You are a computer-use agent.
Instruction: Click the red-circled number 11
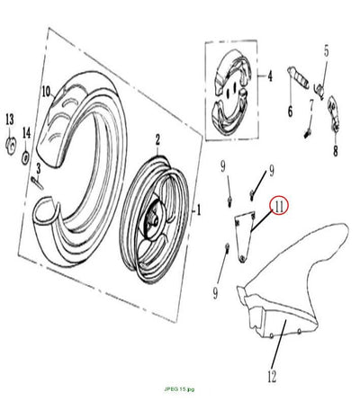[x=279, y=207]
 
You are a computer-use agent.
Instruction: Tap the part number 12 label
[x=272, y=376]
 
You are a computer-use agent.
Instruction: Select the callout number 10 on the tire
[x=46, y=92]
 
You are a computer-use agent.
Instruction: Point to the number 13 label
[x=10, y=120]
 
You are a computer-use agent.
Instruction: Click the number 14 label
[x=27, y=133]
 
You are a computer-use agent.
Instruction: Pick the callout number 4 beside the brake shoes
[x=270, y=76]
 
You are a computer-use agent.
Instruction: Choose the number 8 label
[x=336, y=150]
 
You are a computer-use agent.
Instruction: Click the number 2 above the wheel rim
[x=157, y=139]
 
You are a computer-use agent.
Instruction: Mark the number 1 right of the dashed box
[x=198, y=210]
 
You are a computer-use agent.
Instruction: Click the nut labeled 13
[x=11, y=146]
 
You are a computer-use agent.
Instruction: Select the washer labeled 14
[x=25, y=156]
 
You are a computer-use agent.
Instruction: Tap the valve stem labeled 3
[x=38, y=183]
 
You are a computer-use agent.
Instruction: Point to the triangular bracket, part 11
[x=245, y=236]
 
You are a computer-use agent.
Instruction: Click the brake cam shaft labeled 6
[x=298, y=78]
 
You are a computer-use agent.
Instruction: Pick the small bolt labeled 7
[x=307, y=133]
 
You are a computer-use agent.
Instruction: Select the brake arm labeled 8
[x=334, y=113]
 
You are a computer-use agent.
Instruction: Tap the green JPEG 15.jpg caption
[x=179, y=389]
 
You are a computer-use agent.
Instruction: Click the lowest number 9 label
[x=215, y=293]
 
